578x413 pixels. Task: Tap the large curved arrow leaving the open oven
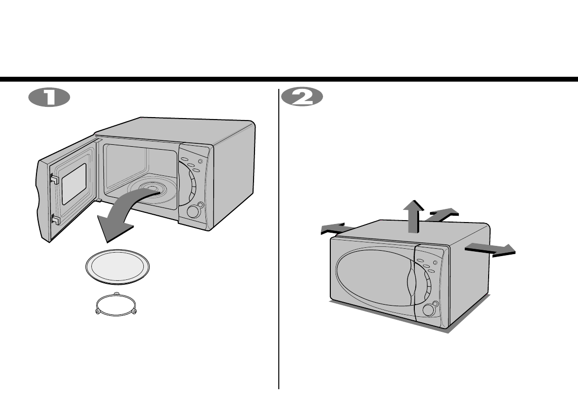click(121, 216)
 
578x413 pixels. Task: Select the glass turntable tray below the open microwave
click(117, 266)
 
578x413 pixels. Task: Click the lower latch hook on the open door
click(55, 221)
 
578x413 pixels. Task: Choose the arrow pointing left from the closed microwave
click(337, 228)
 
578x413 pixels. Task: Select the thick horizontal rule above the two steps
click(289, 79)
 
